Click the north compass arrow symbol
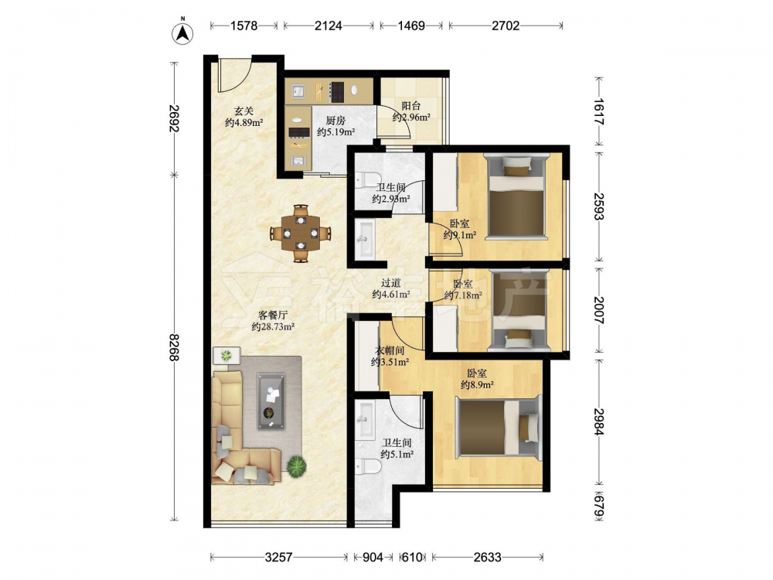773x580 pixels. point(182,33)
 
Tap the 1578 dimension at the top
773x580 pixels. point(244,26)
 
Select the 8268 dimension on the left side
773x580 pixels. point(173,347)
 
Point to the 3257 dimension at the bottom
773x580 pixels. point(278,558)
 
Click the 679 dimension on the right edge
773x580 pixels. point(598,505)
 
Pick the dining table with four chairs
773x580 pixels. point(300,234)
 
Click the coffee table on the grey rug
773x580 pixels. point(271,401)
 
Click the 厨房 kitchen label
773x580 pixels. point(335,121)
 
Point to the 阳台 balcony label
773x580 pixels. point(411,105)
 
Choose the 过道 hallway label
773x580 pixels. point(391,283)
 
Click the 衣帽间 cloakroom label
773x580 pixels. point(390,350)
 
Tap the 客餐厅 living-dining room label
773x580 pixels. point(273,316)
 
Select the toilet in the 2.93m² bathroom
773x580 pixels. point(367,179)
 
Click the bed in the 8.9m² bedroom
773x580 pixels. point(499,427)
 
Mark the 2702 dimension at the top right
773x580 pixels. point(506,26)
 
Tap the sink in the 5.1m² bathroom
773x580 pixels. point(366,420)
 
